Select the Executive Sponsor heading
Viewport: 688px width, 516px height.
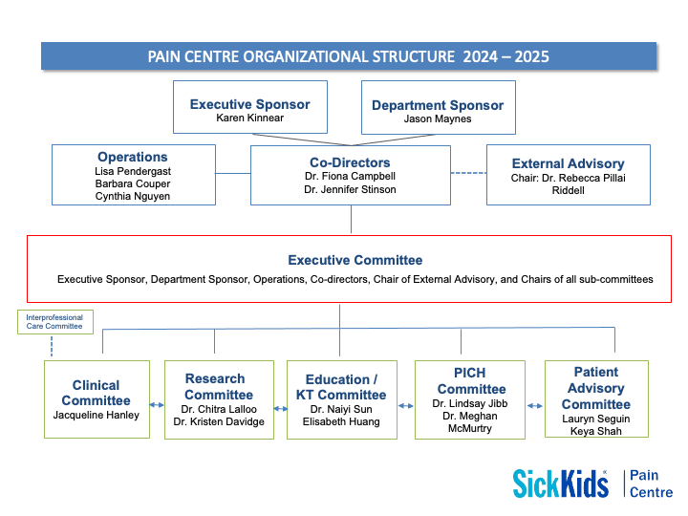[x=249, y=104]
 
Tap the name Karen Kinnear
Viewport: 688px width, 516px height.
[x=249, y=119]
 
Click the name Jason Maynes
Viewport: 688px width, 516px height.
[x=437, y=120]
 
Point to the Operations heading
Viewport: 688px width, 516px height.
[x=133, y=157]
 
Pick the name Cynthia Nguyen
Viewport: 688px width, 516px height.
[x=133, y=197]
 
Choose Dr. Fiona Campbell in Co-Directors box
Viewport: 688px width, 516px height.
[x=351, y=177]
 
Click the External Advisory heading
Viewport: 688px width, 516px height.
[x=568, y=163]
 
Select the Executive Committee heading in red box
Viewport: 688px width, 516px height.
[x=355, y=260]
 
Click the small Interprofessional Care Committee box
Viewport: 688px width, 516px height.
[x=55, y=322]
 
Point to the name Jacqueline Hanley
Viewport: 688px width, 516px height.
[x=97, y=416]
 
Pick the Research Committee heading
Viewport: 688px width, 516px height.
[x=219, y=386]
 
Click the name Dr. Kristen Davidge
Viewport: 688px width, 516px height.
[x=219, y=422]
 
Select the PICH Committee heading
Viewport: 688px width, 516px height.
[x=471, y=380]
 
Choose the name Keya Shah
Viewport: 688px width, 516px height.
[x=595, y=432]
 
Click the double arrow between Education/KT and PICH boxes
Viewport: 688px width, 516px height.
[x=406, y=406]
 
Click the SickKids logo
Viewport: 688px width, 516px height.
[x=560, y=483]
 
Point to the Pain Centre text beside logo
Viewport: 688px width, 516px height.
[x=651, y=484]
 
